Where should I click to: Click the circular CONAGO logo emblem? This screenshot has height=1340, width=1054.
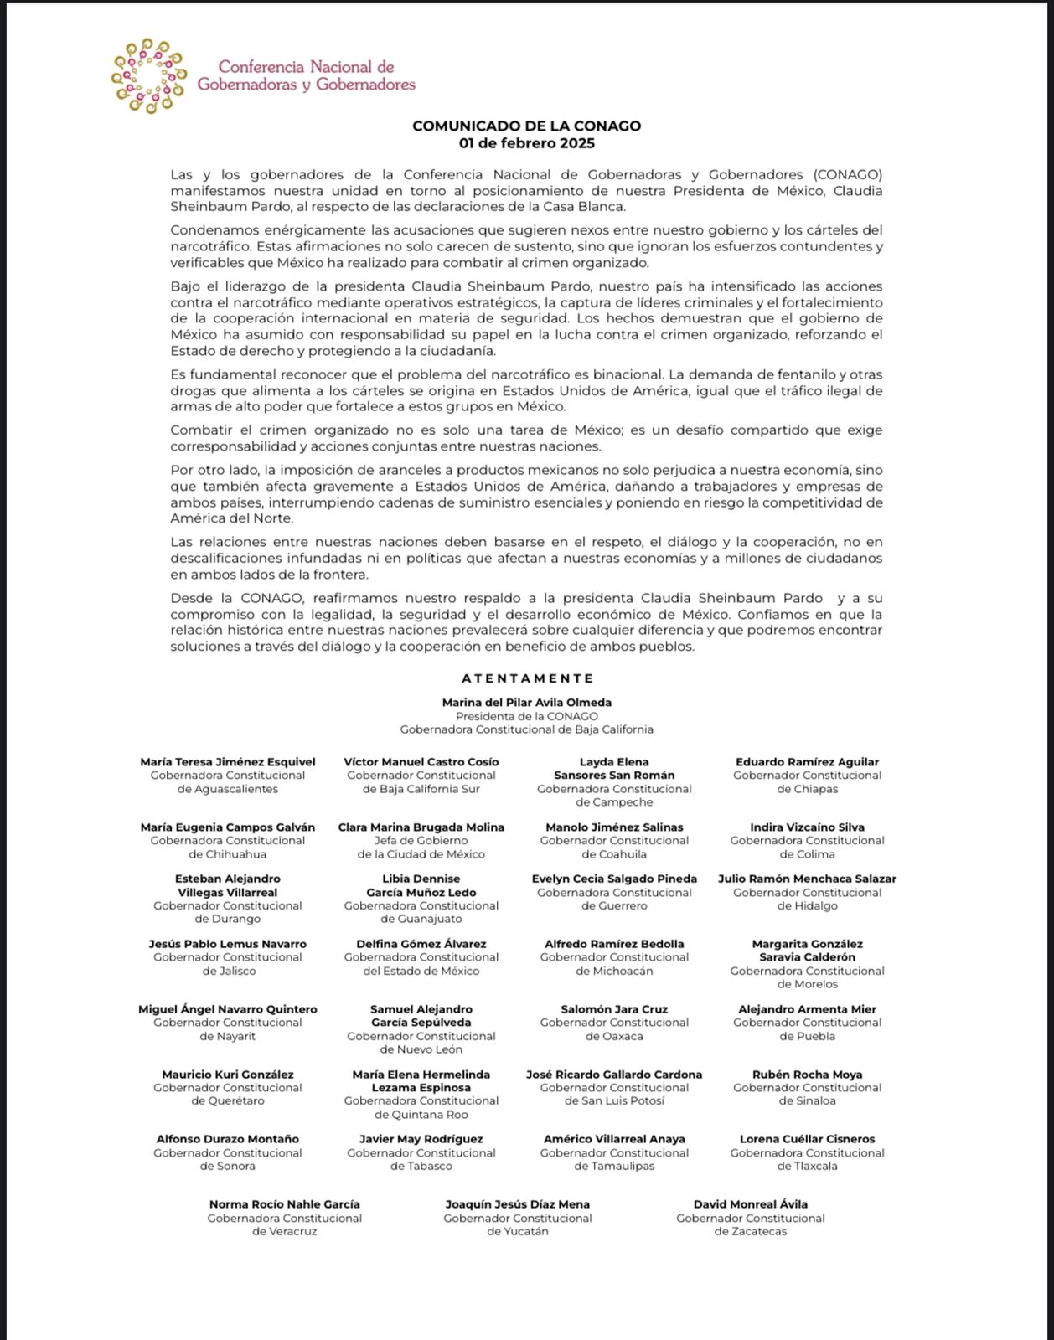(x=148, y=76)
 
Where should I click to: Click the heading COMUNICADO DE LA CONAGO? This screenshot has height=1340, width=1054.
(x=526, y=126)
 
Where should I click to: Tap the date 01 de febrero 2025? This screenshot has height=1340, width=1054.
(x=526, y=143)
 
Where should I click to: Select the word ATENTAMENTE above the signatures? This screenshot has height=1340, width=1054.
(x=527, y=678)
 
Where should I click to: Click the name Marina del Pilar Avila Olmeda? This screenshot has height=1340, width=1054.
(x=527, y=703)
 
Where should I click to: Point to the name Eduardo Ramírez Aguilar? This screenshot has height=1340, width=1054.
(x=807, y=762)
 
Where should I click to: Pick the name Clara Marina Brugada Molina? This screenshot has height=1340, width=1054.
(x=421, y=827)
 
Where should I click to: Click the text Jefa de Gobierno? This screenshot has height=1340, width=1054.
(x=421, y=841)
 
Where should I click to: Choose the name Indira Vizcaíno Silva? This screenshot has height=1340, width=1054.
(x=807, y=827)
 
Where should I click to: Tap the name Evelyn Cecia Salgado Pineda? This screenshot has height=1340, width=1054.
(x=614, y=879)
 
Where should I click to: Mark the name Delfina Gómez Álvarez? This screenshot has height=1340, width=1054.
(x=421, y=944)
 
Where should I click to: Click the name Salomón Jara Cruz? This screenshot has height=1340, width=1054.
(x=614, y=1009)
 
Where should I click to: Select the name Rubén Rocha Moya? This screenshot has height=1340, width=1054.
(x=807, y=1075)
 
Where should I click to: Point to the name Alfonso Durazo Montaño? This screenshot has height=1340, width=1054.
(x=227, y=1139)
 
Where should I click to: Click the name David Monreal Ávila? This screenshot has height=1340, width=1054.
(x=751, y=1204)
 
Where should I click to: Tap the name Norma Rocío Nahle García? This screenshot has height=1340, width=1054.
(x=285, y=1204)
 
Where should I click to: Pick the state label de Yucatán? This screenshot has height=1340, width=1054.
(x=518, y=1232)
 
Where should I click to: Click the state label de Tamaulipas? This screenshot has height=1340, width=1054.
(x=614, y=1167)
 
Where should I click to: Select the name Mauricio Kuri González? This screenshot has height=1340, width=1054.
(x=227, y=1075)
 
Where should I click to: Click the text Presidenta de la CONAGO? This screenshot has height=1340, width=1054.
(x=527, y=716)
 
